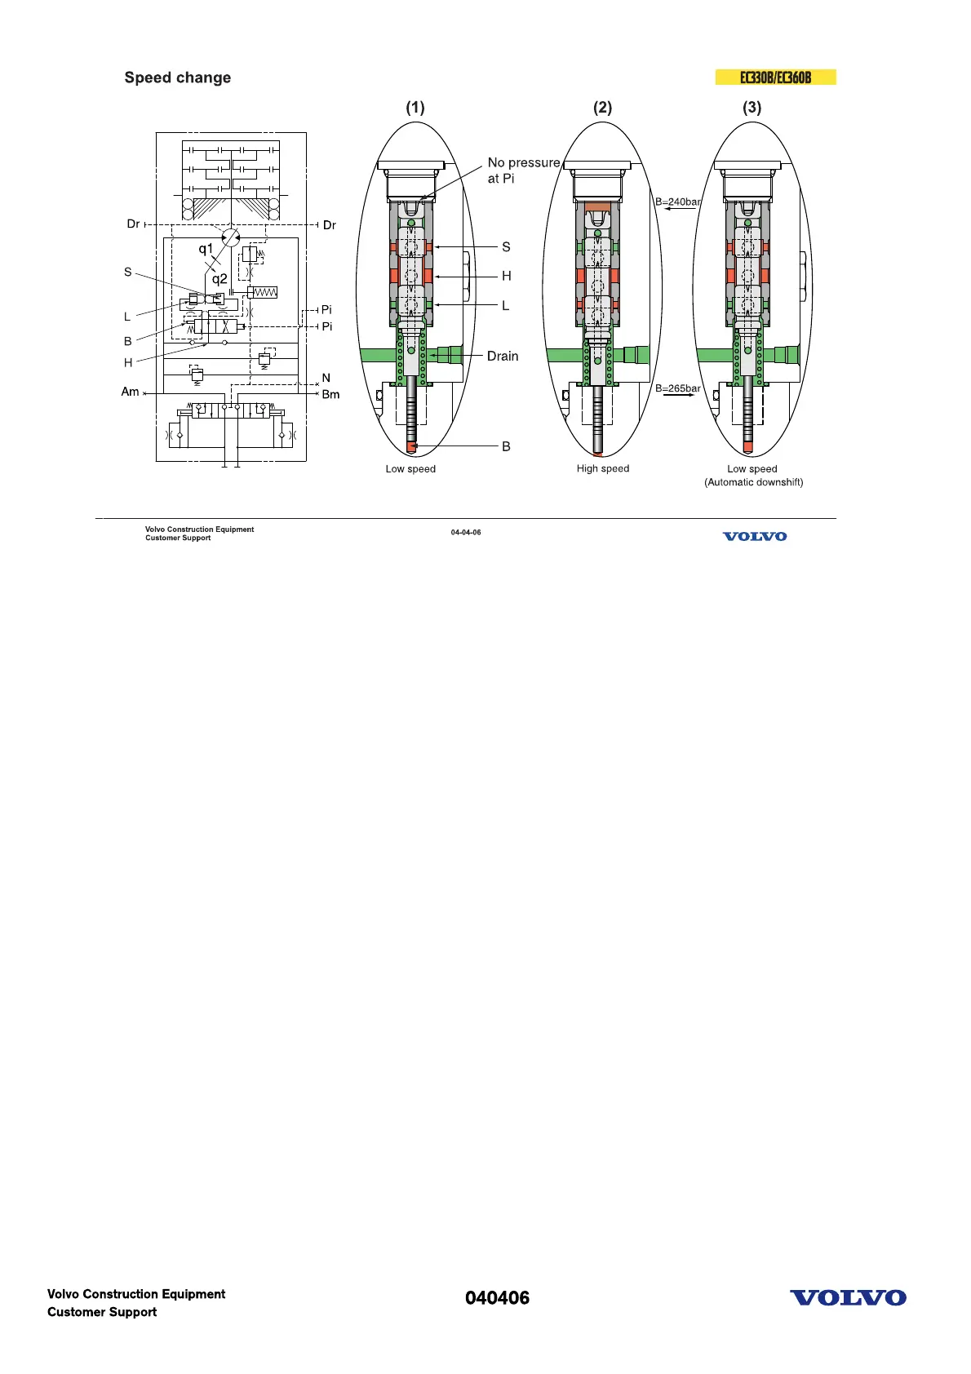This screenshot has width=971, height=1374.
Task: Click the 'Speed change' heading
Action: [177, 78]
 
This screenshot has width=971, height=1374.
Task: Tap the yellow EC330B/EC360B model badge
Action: [775, 78]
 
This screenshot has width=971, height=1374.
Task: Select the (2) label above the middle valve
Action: [602, 108]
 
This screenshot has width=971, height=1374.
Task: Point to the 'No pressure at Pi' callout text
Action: [524, 171]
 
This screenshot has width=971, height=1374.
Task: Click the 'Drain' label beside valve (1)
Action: [503, 356]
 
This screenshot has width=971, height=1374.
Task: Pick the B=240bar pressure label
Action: [678, 202]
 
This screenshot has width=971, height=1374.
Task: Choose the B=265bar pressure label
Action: [678, 388]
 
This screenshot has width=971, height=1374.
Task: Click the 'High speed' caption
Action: [603, 468]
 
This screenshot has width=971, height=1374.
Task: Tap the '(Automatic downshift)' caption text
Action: [753, 482]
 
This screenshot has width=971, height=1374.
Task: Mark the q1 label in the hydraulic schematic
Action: [206, 249]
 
